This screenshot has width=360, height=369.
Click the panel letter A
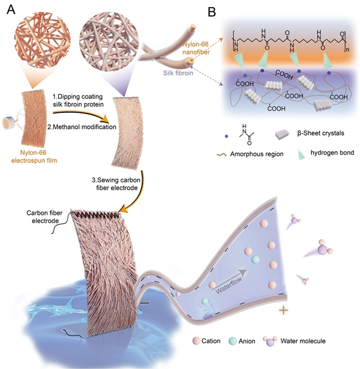point(10,10)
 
